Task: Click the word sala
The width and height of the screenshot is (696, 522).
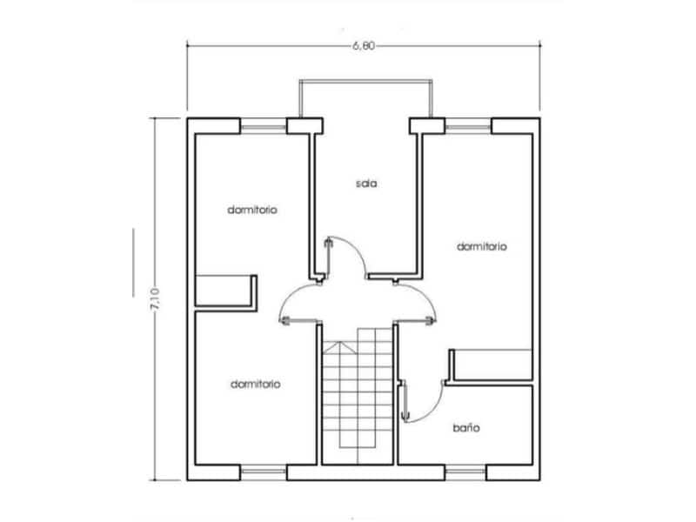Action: [365, 184]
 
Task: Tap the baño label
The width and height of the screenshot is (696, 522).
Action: [467, 428]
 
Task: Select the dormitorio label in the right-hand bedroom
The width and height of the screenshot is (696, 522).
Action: [482, 246]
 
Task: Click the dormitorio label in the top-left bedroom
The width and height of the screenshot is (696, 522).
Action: [252, 210]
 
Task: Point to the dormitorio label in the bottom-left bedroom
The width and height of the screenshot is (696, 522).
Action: [255, 383]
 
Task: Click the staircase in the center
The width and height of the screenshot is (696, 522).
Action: [358, 400]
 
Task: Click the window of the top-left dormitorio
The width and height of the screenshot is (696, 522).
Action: [263, 127]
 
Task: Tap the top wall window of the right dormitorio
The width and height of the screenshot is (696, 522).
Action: [467, 127]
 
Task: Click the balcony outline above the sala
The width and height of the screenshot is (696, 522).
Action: [365, 82]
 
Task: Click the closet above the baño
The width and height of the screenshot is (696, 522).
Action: [492, 365]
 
